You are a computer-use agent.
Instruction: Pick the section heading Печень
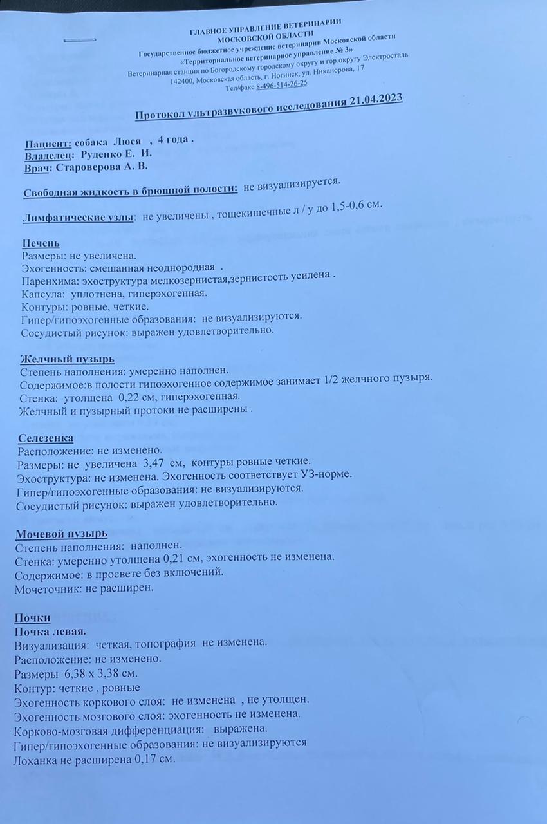pos(41,243)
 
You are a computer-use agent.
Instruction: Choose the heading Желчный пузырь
pos(68,359)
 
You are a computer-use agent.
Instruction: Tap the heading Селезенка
pos(46,438)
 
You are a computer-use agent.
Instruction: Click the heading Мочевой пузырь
pos(60,534)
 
